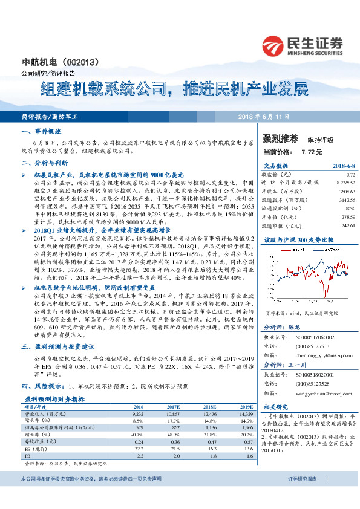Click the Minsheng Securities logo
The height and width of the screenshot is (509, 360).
tap(303, 45)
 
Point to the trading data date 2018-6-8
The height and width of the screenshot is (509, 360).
tap(342, 165)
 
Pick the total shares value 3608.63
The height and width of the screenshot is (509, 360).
tap(344, 190)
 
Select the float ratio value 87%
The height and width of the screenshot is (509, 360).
tap(349, 207)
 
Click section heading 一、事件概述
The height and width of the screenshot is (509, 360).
tap(40, 131)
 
